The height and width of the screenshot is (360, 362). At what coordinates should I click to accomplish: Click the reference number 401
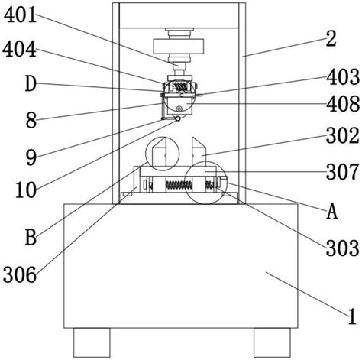coord(21,15)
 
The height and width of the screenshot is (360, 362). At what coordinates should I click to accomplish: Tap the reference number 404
coord(20,50)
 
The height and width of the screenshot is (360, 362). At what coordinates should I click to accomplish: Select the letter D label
coord(31,84)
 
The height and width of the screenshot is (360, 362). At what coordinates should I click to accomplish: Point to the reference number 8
coord(31,121)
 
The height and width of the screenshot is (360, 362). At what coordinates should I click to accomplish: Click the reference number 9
coord(31,157)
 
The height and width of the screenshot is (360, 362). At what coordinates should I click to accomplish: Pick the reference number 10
coord(26,190)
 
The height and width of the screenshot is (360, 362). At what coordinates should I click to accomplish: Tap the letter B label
coord(31,237)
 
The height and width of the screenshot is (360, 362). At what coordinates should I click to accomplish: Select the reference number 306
coord(20,274)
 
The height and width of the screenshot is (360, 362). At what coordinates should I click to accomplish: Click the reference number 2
coord(331,39)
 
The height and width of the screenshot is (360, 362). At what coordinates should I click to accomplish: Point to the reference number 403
coord(343,77)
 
